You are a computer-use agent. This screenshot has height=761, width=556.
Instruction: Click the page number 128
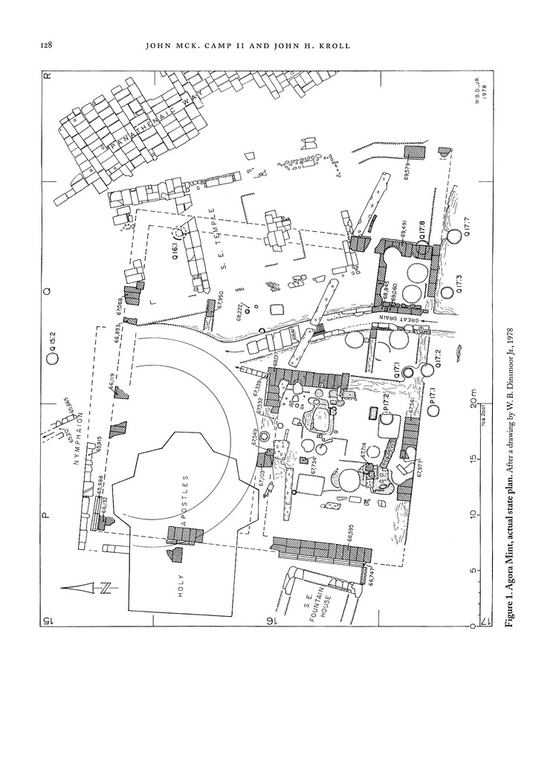[45, 46]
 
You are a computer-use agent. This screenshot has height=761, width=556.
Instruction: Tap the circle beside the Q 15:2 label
[53, 359]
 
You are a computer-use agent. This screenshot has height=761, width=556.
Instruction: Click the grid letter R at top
[47, 76]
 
